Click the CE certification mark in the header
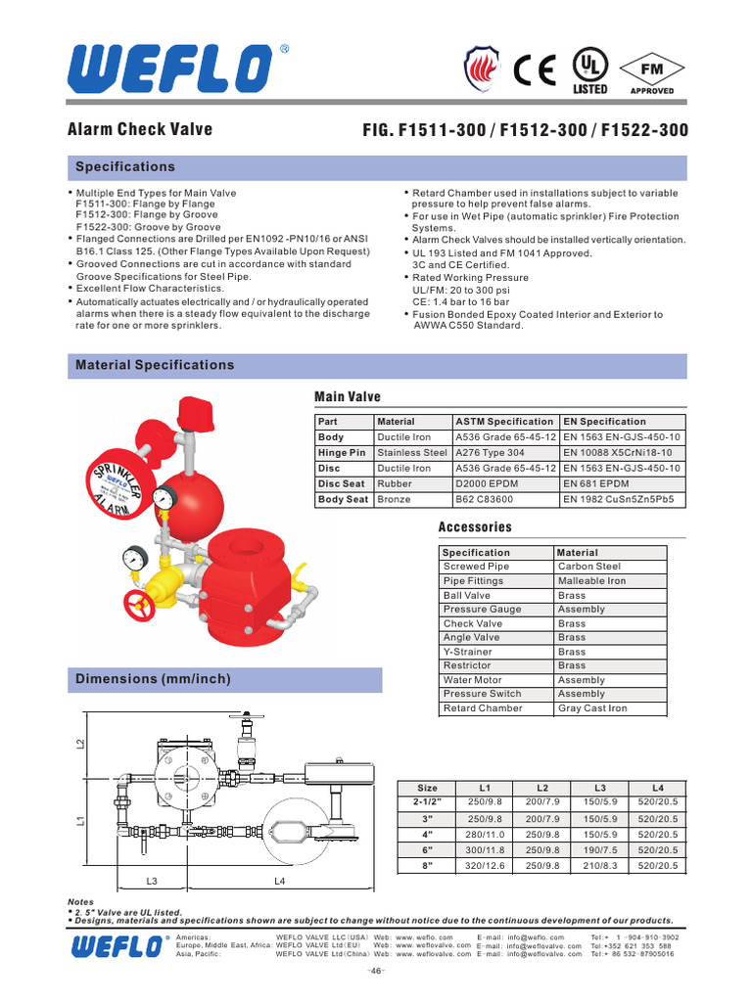point(536,69)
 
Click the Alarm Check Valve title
point(139,129)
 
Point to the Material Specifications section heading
point(155,365)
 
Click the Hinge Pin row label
point(342,453)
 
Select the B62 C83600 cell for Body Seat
point(485,500)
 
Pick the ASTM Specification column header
point(505,422)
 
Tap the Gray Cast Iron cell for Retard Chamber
point(591,708)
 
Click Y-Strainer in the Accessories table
point(468,652)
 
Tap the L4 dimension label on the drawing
point(279,881)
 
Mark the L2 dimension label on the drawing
point(81,746)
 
